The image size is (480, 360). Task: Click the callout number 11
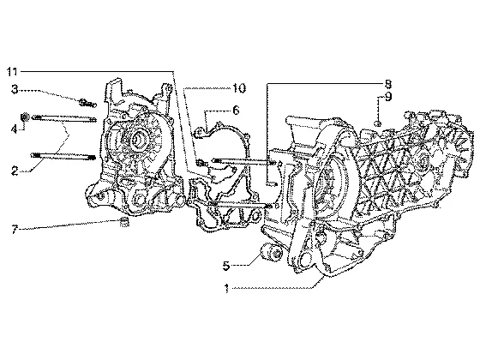(x=12, y=72)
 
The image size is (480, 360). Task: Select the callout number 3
(x=15, y=89)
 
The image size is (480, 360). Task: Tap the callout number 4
(x=14, y=129)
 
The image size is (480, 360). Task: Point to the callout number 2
(x=15, y=171)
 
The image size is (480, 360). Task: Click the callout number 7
(x=15, y=229)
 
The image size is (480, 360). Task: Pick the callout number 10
(x=239, y=88)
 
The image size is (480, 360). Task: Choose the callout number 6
(x=236, y=110)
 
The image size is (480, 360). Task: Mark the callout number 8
(x=387, y=84)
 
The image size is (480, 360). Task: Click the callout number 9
(x=388, y=97)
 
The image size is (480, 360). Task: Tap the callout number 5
(x=226, y=266)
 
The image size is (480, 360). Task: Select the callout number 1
(x=226, y=288)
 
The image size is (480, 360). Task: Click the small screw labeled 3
(x=87, y=103)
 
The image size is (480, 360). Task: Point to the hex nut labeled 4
(x=25, y=117)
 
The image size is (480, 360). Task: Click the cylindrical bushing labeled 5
(x=272, y=253)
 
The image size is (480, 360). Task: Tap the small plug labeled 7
(x=123, y=222)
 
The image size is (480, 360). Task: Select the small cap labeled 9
(x=378, y=123)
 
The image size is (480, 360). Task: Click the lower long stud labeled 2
(x=63, y=156)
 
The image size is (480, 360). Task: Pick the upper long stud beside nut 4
(x=63, y=118)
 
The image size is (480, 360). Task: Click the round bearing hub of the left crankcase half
(x=139, y=138)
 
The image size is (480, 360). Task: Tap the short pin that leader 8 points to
(x=272, y=183)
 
